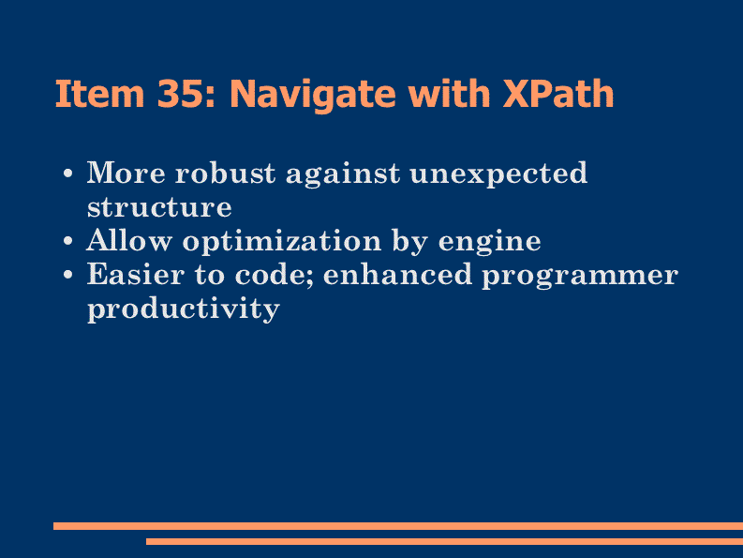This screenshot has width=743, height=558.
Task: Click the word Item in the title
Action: (x=99, y=94)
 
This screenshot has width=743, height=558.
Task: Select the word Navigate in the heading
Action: (x=313, y=95)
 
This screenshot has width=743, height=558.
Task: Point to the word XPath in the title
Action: (x=558, y=93)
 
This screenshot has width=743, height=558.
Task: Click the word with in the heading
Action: (x=449, y=93)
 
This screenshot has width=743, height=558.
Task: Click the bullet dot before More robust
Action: (x=68, y=173)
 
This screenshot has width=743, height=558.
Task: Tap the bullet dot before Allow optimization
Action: (x=68, y=242)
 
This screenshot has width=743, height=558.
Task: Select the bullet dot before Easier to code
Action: (x=68, y=275)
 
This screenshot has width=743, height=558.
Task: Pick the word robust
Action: (x=225, y=173)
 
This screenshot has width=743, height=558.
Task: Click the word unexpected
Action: (x=499, y=174)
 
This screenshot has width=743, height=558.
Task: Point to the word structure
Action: (x=159, y=207)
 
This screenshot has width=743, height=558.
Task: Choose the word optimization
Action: (x=282, y=242)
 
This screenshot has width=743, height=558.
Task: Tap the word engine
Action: (x=489, y=243)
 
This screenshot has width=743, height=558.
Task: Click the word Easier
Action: (x=136, y=274)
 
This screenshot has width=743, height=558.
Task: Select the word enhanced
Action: (x=397, y=274)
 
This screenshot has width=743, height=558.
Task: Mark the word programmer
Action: (x=581, y=277)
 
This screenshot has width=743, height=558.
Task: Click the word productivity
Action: (x=184, y=309)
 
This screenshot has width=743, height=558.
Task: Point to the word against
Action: (x=343, y=174)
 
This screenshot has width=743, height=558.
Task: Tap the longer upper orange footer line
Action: (x=398, y=526)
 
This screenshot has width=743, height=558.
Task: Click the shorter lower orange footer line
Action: (x=444, y=541)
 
